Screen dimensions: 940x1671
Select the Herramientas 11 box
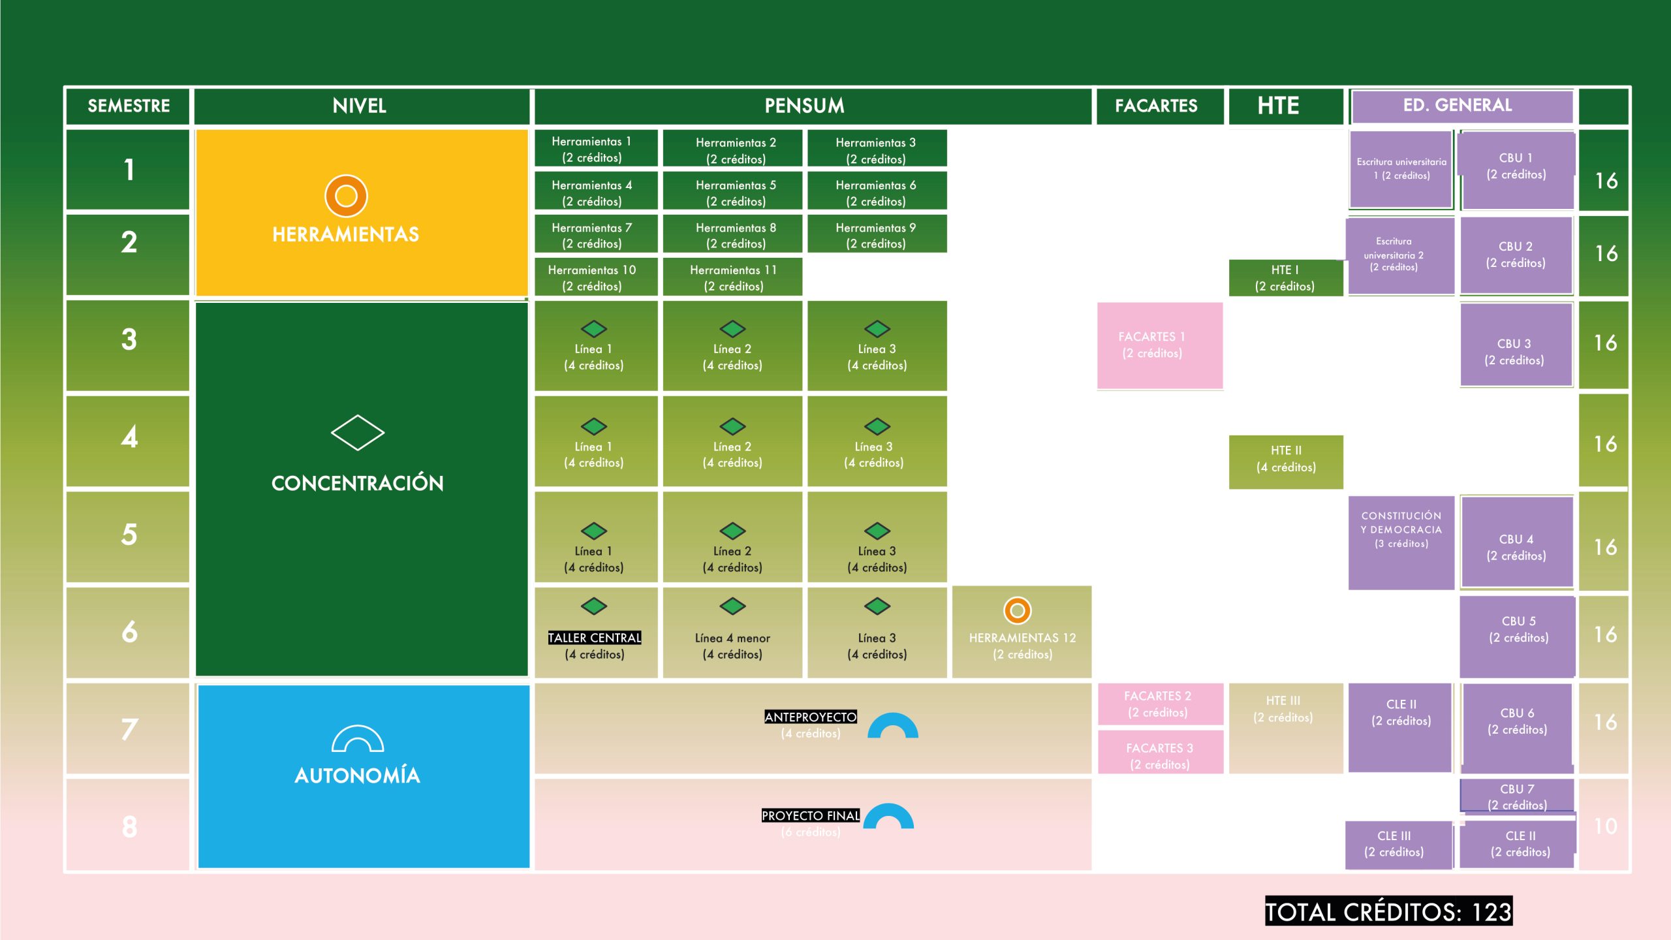[732, 277]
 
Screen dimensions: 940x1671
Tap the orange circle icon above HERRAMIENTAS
[346, 196]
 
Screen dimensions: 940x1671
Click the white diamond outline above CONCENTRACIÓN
[357, 432]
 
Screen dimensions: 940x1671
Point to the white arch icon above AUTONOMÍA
[357, 739]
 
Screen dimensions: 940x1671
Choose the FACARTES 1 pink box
[1159, 345]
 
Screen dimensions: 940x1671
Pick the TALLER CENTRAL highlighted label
[594, 638]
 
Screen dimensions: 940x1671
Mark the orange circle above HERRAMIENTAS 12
[1017, 611]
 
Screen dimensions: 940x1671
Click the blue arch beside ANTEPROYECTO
[892, 726]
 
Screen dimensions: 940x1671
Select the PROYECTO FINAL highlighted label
[810, 815]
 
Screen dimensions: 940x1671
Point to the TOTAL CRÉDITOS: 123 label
[1388, 911]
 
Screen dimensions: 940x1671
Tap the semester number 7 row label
[129, 728]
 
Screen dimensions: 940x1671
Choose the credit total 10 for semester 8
[1605, 826]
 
